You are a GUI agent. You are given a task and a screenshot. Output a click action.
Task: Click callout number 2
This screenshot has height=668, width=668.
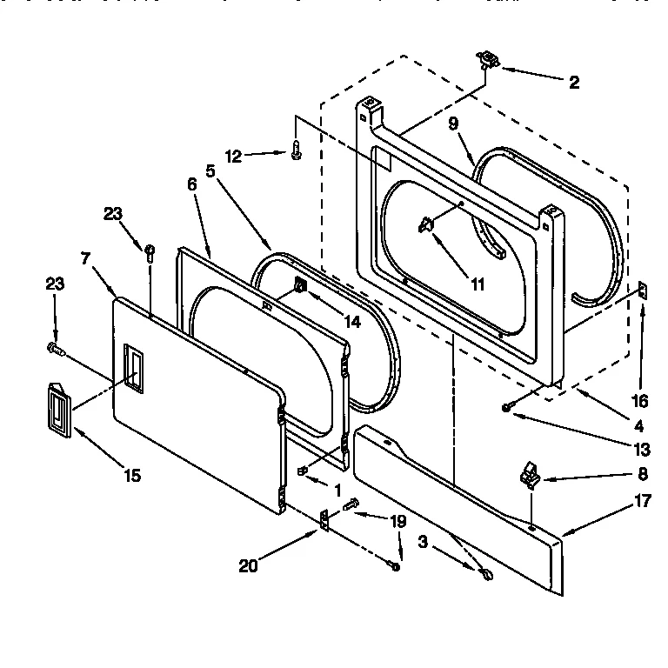(x=574, y=83)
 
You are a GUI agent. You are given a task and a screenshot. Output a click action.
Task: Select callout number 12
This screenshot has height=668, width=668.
(x=232, y=157)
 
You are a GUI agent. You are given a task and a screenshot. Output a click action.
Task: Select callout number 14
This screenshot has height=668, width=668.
(x=351, y=321)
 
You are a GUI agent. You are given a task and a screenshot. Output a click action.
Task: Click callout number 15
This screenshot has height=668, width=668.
(x=133, y=475)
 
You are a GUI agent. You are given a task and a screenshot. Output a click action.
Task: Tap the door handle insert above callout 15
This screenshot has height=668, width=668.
(x=57, y=405)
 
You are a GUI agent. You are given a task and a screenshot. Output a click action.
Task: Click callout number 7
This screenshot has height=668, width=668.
(x=84, y=258)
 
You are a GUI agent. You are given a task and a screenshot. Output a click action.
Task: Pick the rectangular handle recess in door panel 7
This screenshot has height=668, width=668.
(x=132, y=363)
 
